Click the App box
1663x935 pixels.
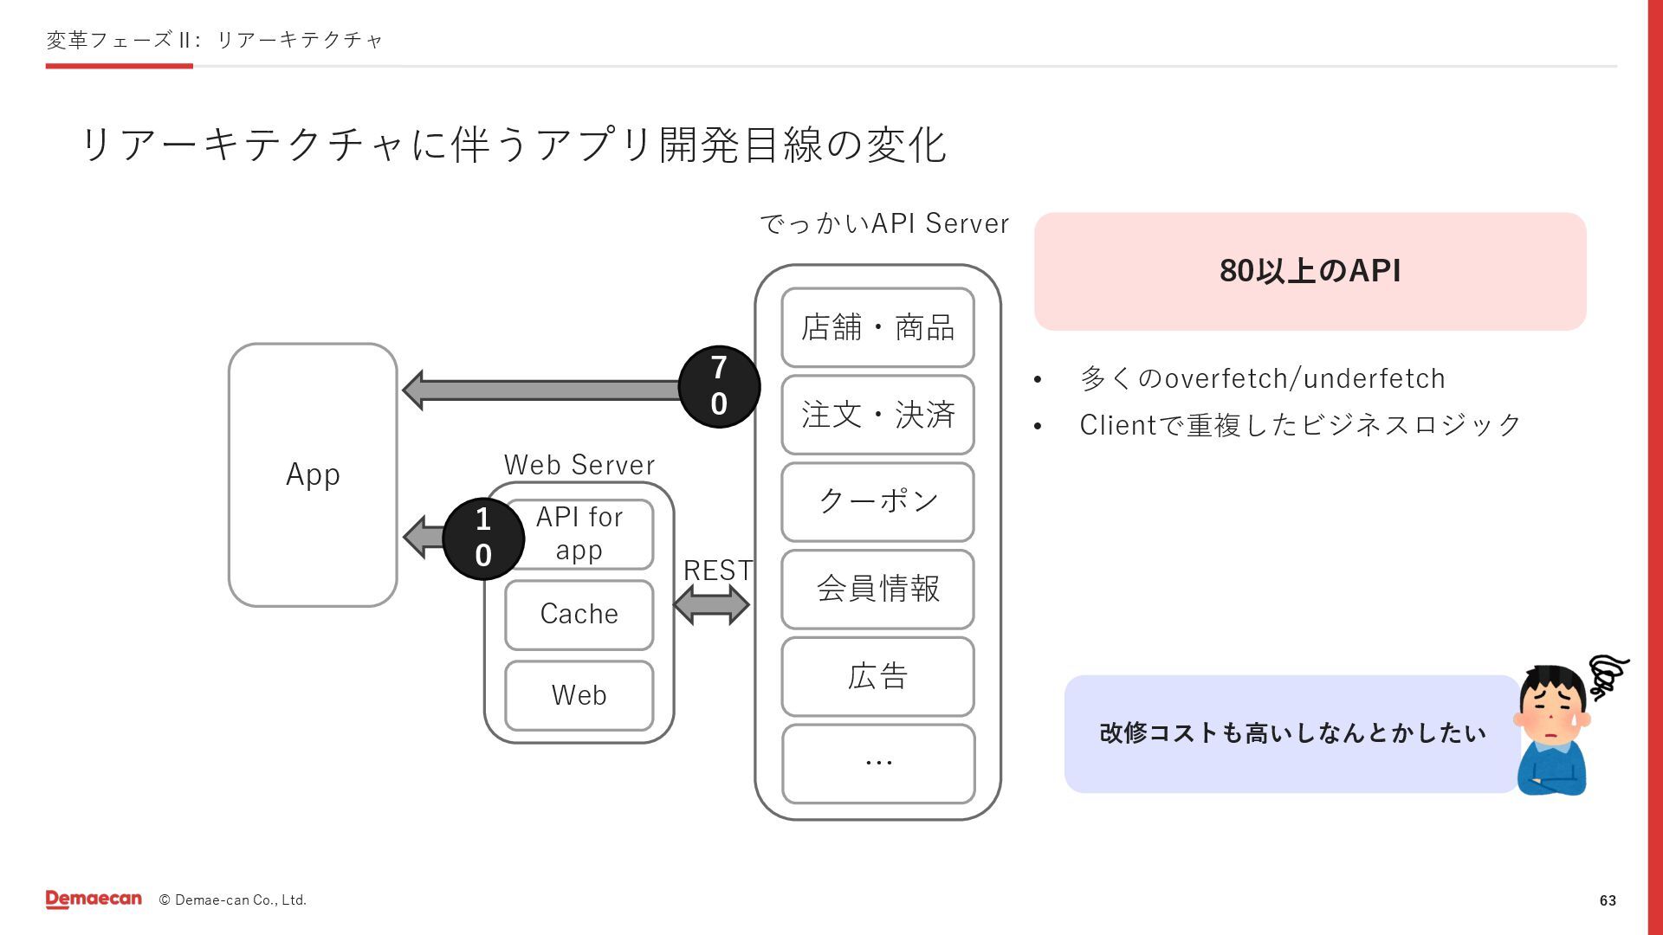(313, 474)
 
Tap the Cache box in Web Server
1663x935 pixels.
(579, 615)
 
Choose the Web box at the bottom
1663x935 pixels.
(579, 695)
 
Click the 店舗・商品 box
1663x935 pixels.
(877, 327)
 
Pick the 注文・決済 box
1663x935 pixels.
(877, 415)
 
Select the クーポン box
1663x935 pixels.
(877, 501)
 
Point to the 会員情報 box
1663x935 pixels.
(877, 589)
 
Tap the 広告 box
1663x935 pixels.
(877, 676)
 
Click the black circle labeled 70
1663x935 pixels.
(719, 386)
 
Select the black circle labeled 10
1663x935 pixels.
(483, 538)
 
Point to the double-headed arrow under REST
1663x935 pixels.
(711, 604)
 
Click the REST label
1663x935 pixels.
(718, 571)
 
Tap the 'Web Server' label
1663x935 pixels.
(579, 465)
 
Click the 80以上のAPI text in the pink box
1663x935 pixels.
(1310, 271)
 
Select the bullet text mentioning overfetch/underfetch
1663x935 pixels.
(1262, 378)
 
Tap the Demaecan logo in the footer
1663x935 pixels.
(94, 900)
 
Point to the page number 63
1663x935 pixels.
(1608, 900)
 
